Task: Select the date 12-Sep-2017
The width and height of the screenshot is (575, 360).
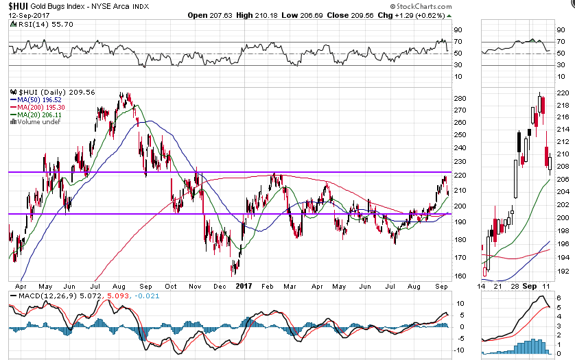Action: click(26, 14)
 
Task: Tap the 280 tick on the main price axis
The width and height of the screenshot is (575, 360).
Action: click(460, 97)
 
